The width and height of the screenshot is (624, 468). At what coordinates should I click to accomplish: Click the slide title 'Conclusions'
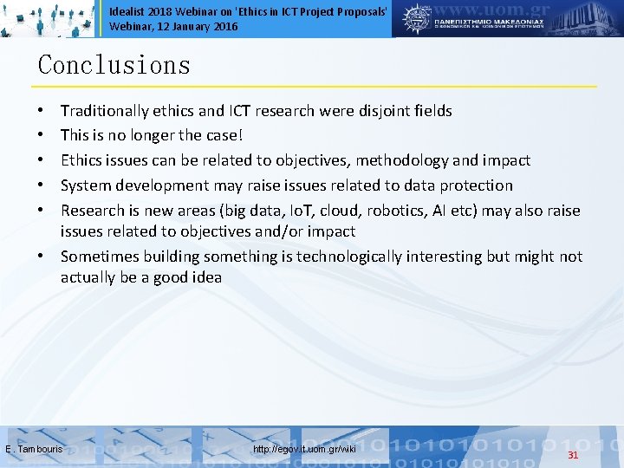(x=114, y=65)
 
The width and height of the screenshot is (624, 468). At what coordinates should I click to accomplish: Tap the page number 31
(x=572, y=455)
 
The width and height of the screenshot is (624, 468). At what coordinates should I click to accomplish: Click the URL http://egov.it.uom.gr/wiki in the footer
(x=304, y=449)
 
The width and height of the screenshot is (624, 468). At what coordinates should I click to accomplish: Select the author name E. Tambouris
(x=34, y=449)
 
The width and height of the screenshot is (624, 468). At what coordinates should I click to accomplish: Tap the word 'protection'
(x=476, y=185)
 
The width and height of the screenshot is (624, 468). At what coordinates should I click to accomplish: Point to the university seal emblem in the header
(x=418, y=17)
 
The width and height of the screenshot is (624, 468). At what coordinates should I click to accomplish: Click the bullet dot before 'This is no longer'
(x=42, y=136)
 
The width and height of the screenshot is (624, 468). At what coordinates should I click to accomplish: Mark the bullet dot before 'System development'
(x=42, y=185)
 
